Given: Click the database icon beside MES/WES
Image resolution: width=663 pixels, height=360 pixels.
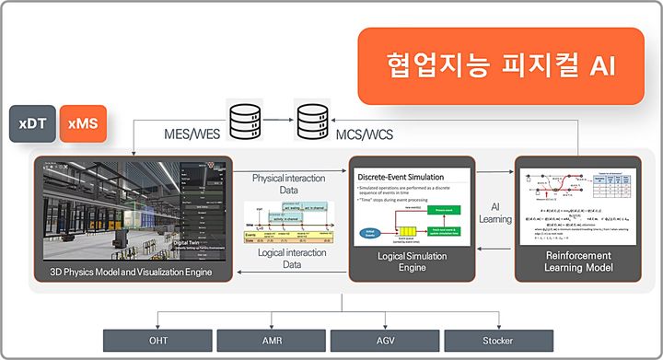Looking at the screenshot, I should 244,120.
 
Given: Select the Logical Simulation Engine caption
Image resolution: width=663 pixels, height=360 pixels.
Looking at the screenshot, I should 411,262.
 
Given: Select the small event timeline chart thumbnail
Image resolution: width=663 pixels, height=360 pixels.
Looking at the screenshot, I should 290,222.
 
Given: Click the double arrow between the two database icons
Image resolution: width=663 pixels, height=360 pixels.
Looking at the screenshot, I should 278,120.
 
